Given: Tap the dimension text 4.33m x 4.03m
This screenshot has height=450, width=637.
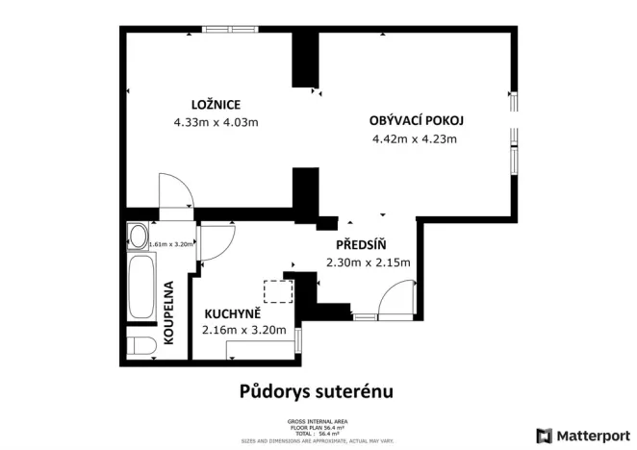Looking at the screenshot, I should click(216, 122).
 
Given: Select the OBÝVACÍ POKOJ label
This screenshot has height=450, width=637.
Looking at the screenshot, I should click(416, 121).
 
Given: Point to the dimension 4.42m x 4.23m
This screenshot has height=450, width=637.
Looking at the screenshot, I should click(414, 139).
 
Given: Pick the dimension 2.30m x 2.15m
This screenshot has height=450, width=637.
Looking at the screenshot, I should click(369, 262).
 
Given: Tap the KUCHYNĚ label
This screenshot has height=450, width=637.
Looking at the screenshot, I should click(232, 312).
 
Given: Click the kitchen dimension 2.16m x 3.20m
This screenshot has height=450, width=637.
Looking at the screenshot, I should click(244, 330).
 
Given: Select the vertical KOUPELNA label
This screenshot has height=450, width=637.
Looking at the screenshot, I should click(168, 312).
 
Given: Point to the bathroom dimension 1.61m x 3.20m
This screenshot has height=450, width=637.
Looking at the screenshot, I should click(171, 244).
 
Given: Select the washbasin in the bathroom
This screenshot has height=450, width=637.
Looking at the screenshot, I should click(137, 236).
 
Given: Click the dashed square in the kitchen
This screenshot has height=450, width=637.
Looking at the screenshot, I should click(277, 291).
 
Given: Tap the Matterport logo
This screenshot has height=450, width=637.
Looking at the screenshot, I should click(585, 435).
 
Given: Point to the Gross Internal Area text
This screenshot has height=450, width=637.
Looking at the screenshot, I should click(317, 421).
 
